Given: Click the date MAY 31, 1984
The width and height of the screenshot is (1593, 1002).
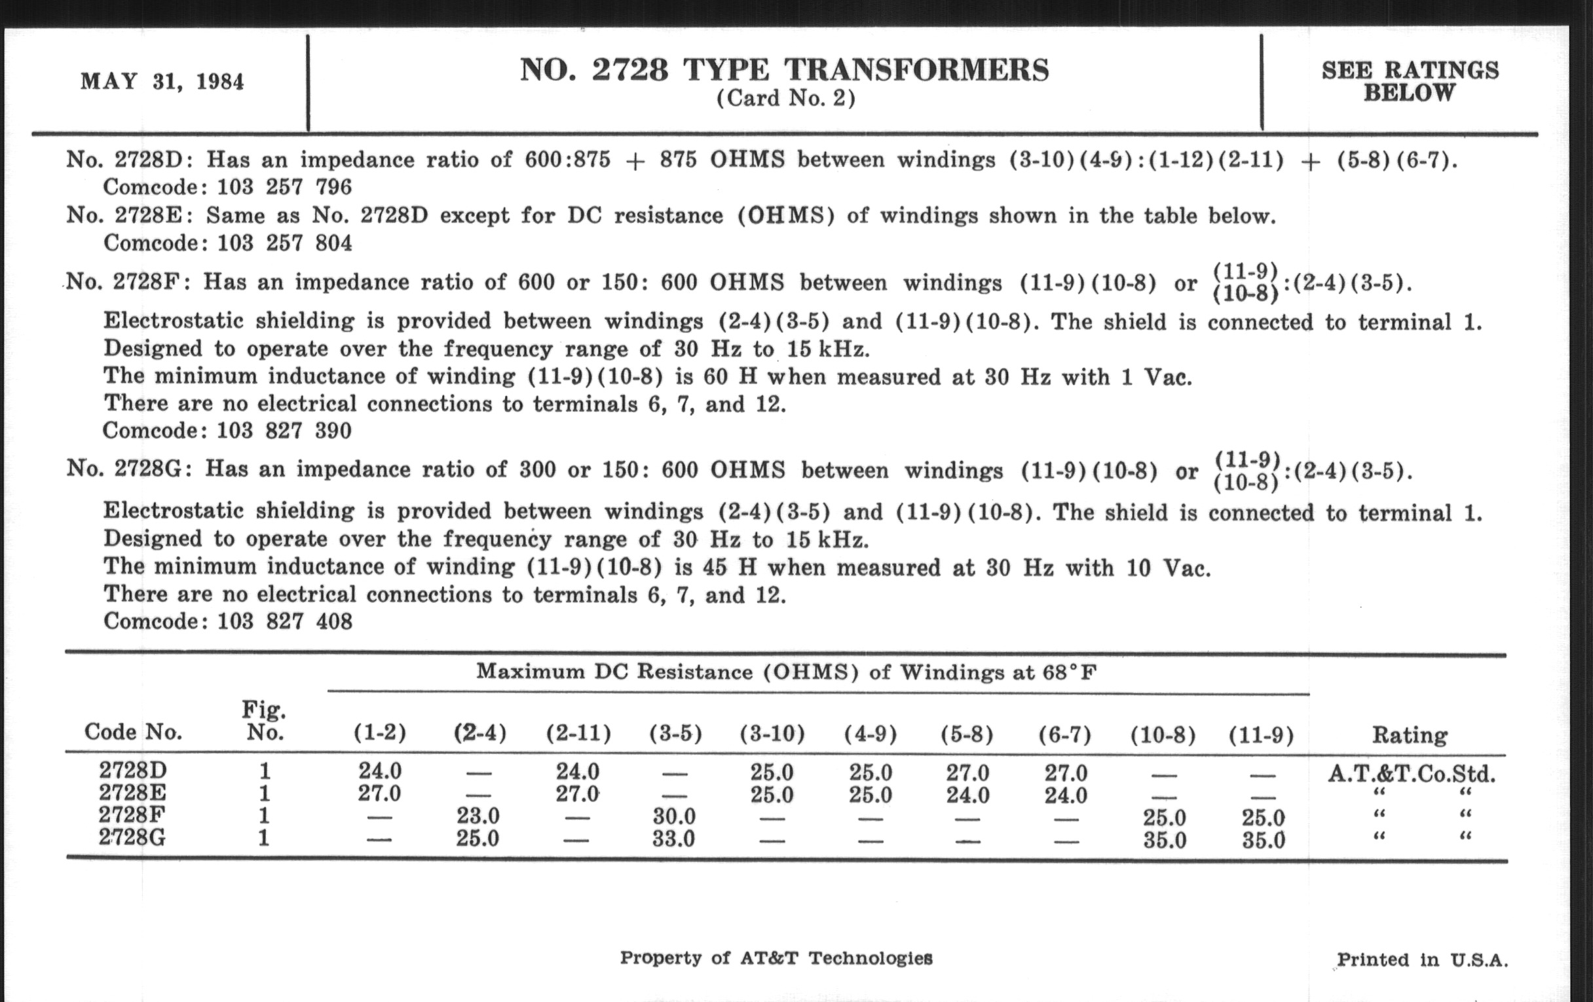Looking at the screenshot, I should click(162, 82).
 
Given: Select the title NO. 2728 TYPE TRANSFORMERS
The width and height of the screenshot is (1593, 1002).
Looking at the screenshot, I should click(785, 70).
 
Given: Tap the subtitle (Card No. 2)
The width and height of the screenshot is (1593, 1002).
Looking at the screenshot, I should click(786, 99).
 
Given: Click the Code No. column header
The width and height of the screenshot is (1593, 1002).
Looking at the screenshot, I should click(133, 732).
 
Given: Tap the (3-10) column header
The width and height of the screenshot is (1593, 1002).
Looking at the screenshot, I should click(772, 734).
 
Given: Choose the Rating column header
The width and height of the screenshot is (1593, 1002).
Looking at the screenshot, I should click(1410, 735).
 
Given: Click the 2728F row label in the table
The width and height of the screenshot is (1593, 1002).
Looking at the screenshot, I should click(132, 815).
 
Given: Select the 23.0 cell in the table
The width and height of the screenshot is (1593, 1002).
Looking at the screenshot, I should click(478, 816).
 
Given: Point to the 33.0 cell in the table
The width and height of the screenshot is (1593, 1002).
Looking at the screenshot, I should click(673, 839).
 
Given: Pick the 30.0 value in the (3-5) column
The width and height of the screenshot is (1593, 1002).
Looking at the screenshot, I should click(673, 817).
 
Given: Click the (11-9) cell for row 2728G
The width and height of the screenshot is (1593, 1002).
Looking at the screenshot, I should click(1263, 840).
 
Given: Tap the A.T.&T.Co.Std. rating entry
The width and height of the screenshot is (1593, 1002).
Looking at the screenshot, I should click(1411, 773).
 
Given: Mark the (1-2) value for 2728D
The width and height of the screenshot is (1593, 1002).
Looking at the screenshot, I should click(380, 771).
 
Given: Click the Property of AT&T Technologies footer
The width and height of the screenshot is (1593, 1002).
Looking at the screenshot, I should click(776, 957).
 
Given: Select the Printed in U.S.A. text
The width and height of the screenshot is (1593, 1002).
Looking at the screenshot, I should click(1422, 959).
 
